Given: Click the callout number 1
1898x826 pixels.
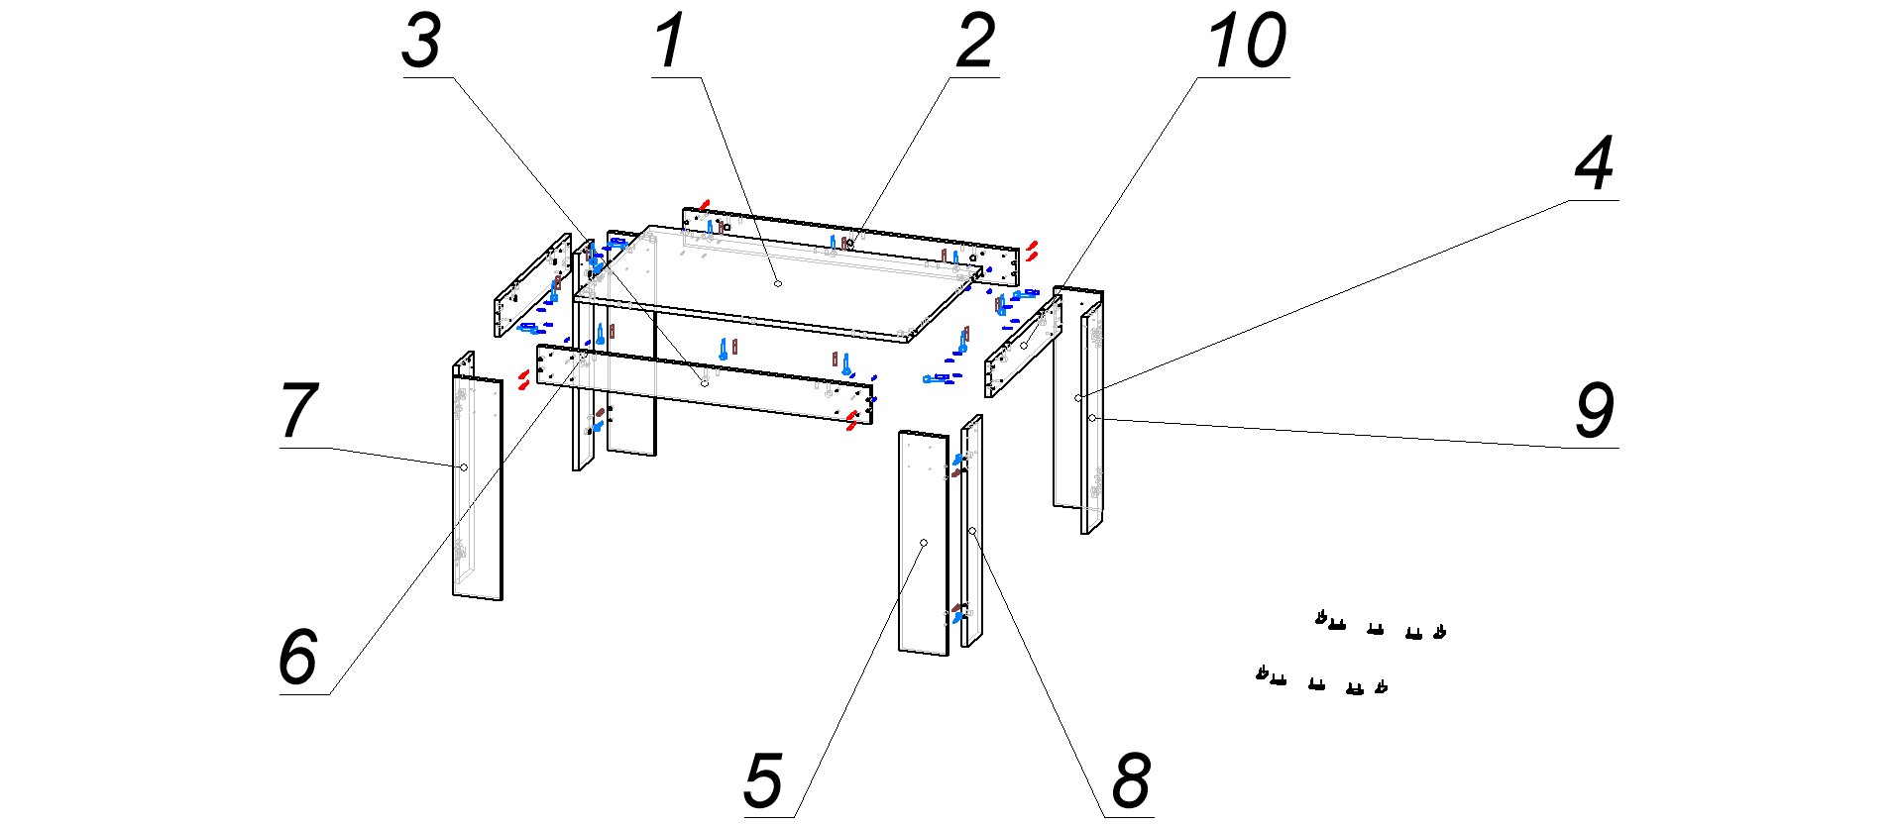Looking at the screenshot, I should [671, 43].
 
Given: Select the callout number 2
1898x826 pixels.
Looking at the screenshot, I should [975, 43].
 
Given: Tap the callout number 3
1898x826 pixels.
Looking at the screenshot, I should [421, 43].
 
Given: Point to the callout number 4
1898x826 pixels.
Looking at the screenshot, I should [1595, 164].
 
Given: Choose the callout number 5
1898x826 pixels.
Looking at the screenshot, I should [763, 781].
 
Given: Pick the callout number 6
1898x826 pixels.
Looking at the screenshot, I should [297, 657].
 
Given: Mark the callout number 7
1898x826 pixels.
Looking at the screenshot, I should [298, 411].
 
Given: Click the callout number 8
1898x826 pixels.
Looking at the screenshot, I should [1131, 781].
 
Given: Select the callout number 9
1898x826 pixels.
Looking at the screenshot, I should [1595, 411].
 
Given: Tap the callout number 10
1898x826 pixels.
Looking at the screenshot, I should [1247, 43].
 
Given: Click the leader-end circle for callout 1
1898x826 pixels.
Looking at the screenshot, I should [778, 283].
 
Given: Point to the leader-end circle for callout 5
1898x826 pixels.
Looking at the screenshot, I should [923, 543].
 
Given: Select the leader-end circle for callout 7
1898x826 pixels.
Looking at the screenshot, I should [463, 466].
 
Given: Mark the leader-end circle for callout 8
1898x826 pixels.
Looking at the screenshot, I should [972, 532].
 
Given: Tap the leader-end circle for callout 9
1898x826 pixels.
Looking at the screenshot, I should [1091, 419].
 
